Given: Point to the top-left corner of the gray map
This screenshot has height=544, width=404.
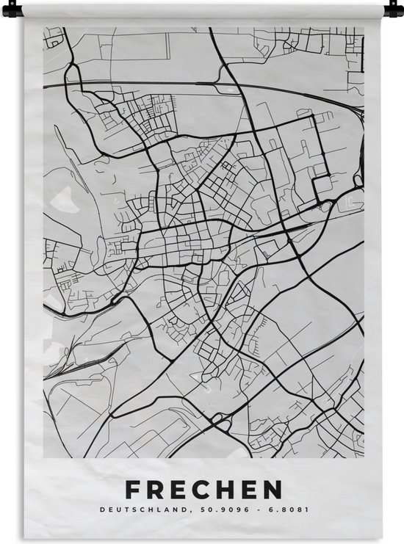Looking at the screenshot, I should click(43, 28).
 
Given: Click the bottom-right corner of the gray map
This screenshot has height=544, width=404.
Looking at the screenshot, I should click(364, 458).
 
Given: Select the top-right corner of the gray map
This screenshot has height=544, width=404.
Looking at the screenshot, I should click(364, 28).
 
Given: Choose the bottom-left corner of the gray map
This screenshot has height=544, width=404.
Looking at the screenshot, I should click(43, 458).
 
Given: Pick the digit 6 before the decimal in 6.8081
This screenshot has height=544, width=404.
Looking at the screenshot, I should click(250, 509).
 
